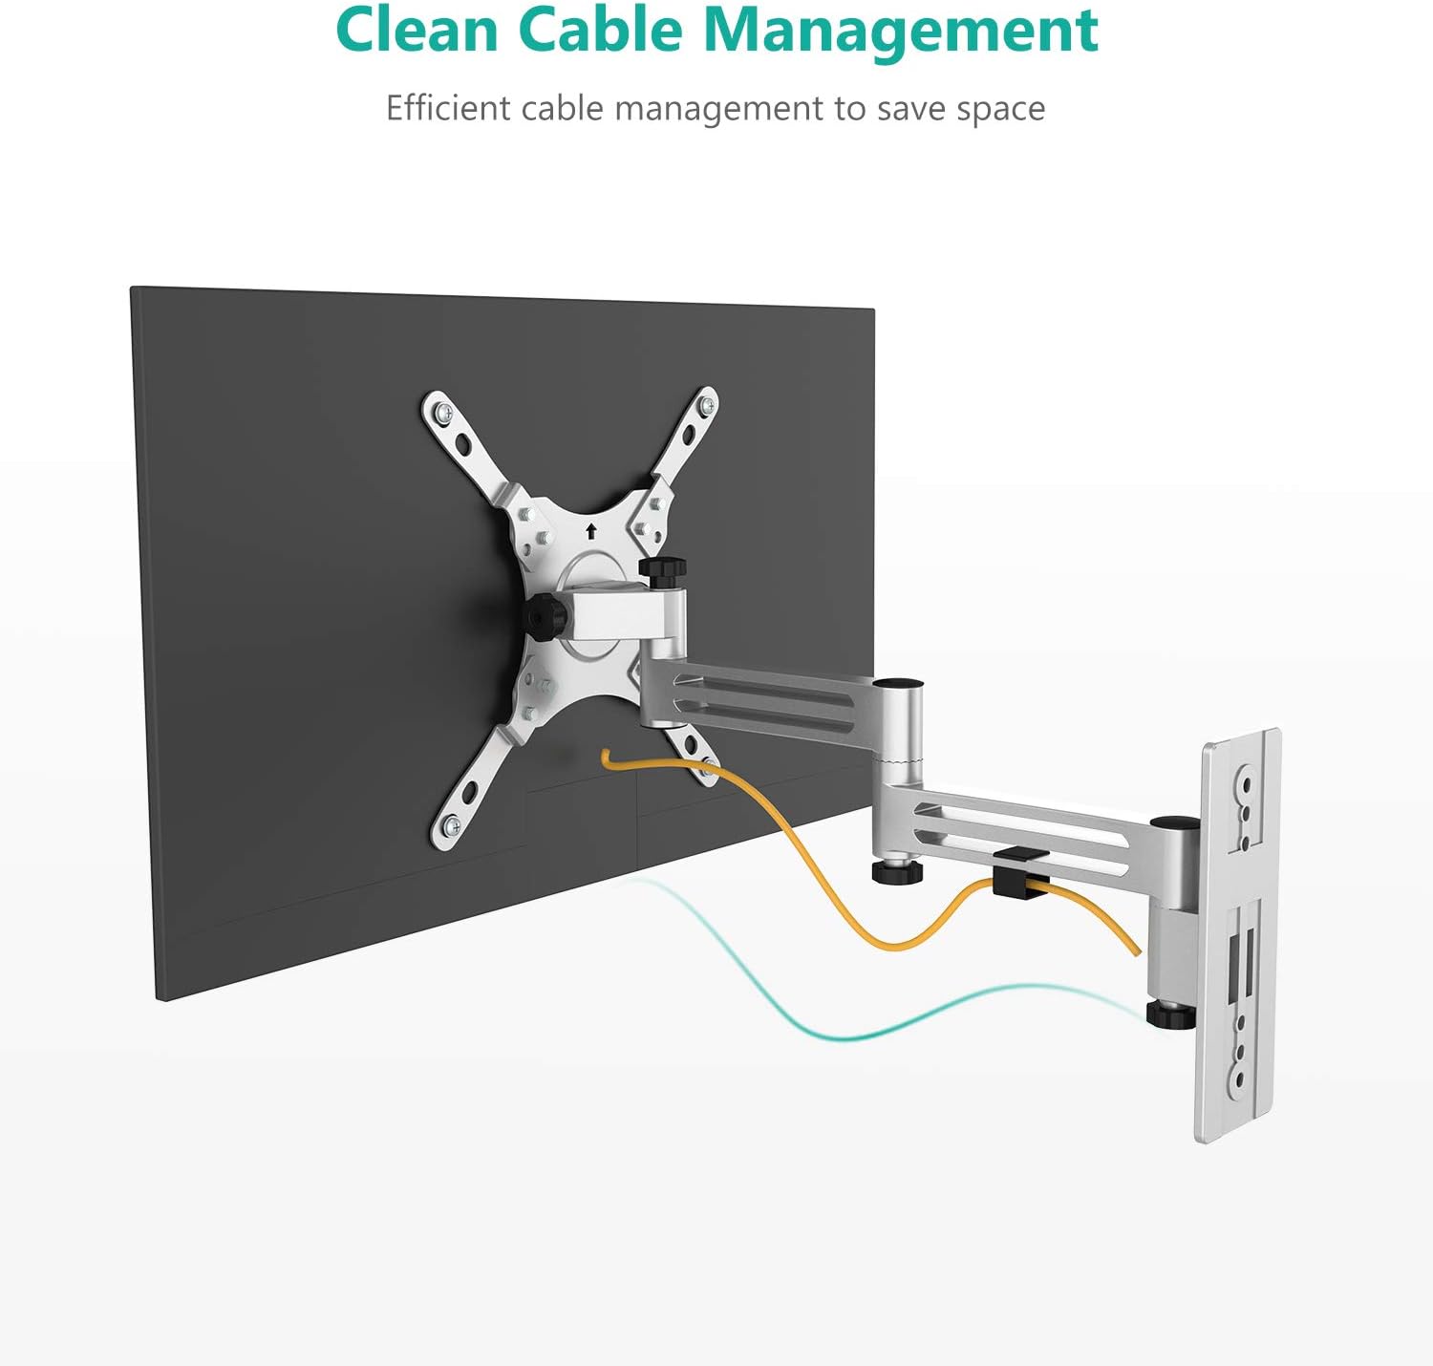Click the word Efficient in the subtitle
447,108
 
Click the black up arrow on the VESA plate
591,531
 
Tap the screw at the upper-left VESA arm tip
444,414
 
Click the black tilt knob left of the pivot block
545,617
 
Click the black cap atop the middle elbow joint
899,685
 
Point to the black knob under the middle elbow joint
896,869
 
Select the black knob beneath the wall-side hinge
1169,1013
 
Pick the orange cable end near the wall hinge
1136,950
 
